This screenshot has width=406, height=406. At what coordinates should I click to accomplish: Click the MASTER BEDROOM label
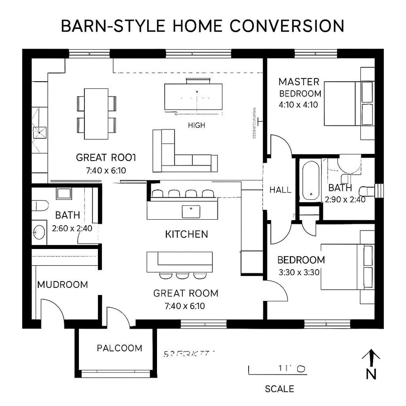point(300,88)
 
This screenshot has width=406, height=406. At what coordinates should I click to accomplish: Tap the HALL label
point(280,190)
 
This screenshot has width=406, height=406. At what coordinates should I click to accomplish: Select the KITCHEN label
point(186,234)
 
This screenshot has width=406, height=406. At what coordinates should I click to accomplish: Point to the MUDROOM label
point(62,285)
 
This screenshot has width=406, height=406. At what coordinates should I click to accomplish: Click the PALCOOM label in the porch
point(120,348)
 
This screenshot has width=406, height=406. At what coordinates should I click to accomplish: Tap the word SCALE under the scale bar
point(279,389)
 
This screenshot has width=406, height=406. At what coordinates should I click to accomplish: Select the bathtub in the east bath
point(310,180)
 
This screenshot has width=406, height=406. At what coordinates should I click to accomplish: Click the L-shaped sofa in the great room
point(180,153)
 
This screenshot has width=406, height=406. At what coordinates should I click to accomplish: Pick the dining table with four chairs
point(96,114)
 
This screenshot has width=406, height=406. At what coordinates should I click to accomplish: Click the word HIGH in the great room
point(196,125)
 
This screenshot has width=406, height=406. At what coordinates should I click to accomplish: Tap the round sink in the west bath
point(38,232)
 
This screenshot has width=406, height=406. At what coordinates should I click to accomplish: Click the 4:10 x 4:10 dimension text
point(299,105)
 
